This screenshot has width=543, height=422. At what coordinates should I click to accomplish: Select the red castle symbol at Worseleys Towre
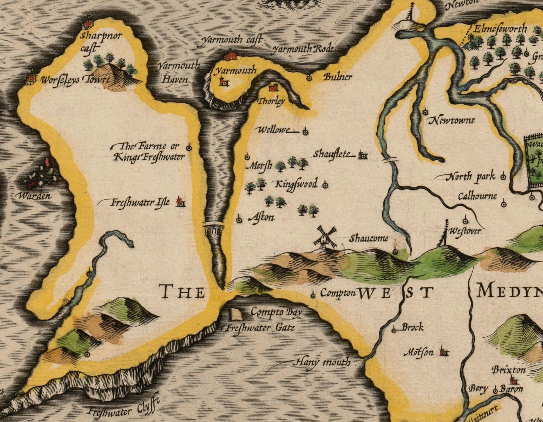(30, 79)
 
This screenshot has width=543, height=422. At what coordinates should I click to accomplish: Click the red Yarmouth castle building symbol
(231, 56)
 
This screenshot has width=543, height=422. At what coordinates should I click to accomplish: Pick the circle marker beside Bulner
(309, 78)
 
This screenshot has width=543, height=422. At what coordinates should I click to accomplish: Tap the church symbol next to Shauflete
(362, 156)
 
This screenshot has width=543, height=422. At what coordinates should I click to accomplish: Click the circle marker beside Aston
(239, 220)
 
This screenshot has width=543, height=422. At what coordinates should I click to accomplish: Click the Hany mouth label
(323, 362)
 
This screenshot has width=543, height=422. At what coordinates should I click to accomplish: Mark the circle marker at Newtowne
(426, 112)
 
